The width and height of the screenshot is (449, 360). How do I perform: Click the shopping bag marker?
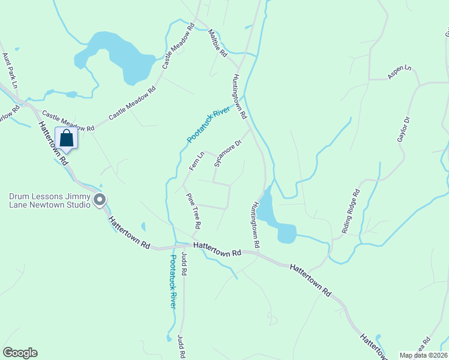tap(67, 139)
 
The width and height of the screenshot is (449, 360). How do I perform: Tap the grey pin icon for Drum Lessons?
tap(100, 200)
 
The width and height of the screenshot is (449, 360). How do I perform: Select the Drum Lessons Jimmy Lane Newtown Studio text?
tap(49, 200)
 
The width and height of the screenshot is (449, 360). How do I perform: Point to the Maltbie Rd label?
tap(218, 44)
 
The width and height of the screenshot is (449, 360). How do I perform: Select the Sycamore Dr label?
tap(228, 154)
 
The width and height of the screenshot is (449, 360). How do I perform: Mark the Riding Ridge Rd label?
tap(351, 211)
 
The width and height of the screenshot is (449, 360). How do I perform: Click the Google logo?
tap(20, 353)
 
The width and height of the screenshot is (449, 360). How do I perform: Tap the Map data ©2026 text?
tap(423, 355)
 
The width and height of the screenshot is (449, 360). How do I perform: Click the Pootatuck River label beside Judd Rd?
tap(173, 281)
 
